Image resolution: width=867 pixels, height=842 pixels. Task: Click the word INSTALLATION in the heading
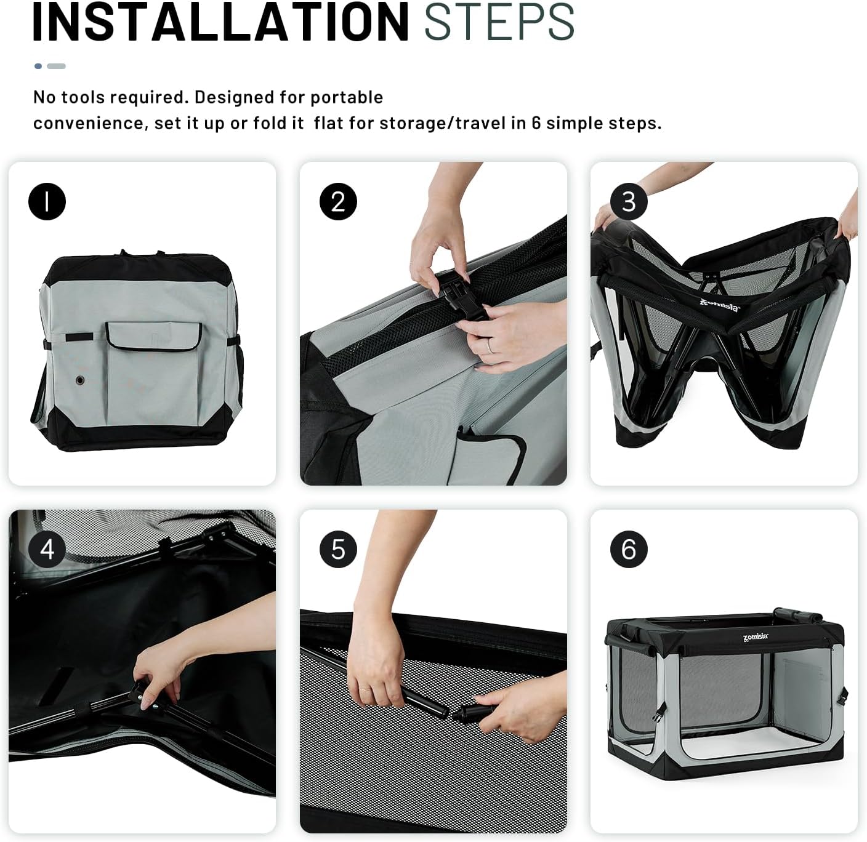220,22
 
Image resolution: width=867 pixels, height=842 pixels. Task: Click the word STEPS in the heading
499,22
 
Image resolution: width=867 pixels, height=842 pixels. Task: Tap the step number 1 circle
47,202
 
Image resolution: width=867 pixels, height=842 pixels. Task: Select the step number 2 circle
338,202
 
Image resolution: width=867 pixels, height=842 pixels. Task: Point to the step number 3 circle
629,202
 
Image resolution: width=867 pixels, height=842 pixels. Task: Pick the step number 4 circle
47,550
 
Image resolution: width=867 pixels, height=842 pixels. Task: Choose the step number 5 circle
338,550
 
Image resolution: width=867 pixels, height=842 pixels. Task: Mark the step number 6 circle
629,550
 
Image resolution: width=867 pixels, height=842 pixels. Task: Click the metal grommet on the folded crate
80,380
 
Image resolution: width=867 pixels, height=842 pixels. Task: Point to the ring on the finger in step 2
490,345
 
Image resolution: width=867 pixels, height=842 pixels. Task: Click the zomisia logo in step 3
719,305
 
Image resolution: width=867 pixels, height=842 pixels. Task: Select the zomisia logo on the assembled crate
756,637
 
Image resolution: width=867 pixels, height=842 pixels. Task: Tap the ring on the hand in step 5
365,690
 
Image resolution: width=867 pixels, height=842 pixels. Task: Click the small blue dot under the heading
38,66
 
